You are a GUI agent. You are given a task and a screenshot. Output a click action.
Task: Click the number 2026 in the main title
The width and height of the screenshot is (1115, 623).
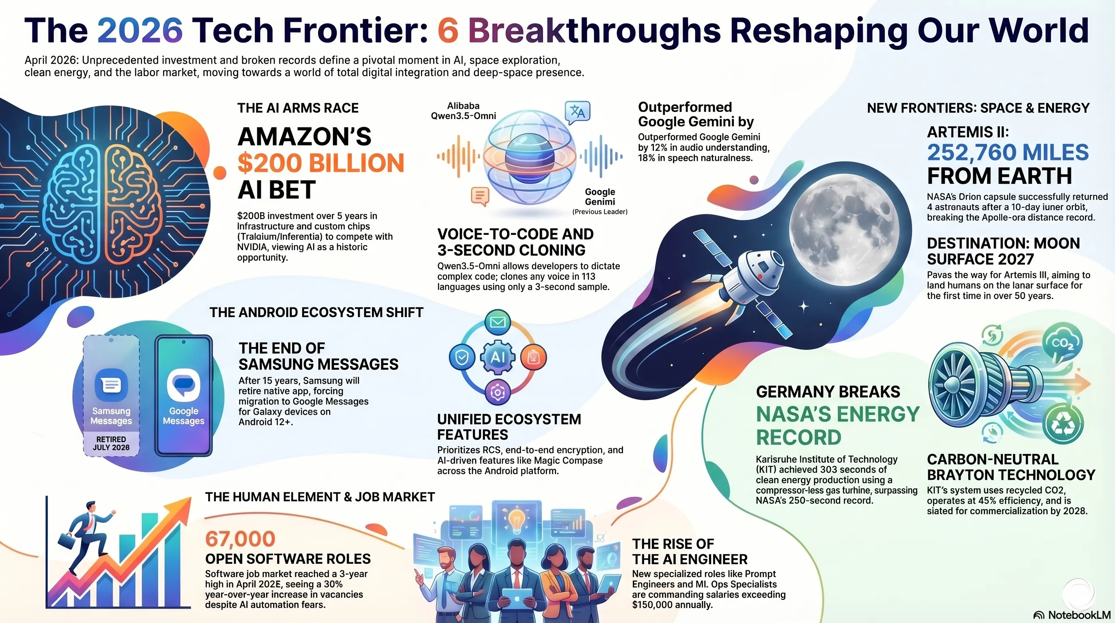[140, 30]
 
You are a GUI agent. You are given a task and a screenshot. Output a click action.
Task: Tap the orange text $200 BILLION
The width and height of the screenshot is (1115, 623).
[321, 163]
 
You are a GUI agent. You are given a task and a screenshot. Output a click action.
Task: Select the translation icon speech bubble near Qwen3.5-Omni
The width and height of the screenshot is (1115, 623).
[577, 113]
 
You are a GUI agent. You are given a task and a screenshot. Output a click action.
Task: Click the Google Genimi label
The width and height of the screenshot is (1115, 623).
[600, 197]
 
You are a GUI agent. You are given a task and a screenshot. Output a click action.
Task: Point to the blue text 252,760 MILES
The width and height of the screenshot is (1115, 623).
[1008, 153]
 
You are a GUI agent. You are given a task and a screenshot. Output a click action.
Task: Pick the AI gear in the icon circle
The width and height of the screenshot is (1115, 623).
[498, 357]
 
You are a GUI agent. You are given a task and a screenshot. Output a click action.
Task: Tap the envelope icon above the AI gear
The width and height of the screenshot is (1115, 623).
[498, 322]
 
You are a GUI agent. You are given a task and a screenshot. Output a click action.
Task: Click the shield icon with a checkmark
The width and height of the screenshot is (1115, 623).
[462, 357]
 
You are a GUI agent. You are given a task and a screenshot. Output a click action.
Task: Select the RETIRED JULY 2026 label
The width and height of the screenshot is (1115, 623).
[111, 443]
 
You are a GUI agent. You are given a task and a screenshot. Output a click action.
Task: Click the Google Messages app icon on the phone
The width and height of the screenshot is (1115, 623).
[184, 385]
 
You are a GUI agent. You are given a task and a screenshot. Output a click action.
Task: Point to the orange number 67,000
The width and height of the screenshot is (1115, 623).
[240, 539]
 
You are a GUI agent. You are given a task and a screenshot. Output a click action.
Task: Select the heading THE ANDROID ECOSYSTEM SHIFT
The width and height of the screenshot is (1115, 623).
[316, 312]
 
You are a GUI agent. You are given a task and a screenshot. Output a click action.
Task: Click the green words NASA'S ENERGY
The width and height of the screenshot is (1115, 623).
[837, 414]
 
